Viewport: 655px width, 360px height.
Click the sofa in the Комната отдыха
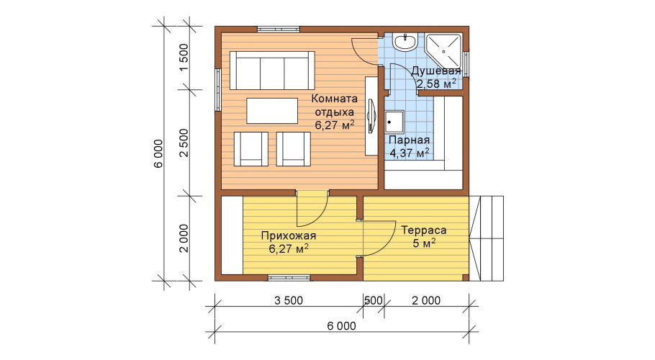click(272, 70)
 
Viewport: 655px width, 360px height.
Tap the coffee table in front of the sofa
click(272, 111)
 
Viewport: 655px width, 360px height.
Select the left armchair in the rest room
click(250, 148)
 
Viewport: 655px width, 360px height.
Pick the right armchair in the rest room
click(294, 148)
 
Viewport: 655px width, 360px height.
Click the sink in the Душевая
click(405, 42)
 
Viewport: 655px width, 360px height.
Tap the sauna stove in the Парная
click(394, 122)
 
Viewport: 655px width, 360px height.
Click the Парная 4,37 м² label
click(409, 147)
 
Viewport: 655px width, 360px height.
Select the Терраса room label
click(424, 236)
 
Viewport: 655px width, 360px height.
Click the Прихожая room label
click(289, 242)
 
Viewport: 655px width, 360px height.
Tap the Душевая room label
click(435, 77)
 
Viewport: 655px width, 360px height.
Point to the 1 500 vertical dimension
click(184, 58)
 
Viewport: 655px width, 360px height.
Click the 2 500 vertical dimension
click(184, 143)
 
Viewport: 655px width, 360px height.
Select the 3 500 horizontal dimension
click(289, 300)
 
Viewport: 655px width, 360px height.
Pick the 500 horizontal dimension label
click(374, 300)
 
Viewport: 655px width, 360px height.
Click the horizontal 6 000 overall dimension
click(342, 325)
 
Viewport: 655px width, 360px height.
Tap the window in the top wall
click(279, 30)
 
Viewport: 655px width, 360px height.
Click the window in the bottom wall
click(289, 278)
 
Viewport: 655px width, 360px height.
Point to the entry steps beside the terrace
click(487, 238)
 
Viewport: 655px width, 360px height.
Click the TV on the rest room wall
click(371, 116)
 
